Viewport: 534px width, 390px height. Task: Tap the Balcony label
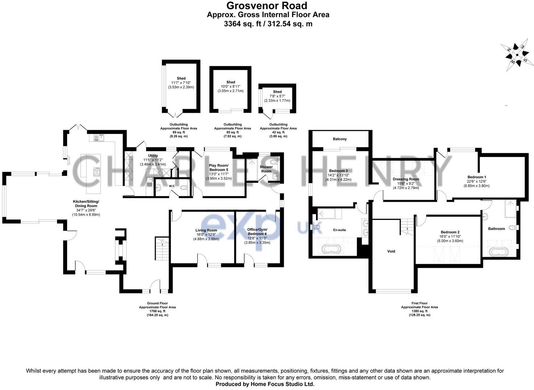tap(340, 139)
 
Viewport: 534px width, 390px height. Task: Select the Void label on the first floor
tap(391, 251)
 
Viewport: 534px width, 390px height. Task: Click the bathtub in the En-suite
tap(331, 250)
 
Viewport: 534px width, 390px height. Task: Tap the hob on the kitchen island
tap(97, 172)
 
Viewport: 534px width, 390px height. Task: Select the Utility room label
tap(153, 155)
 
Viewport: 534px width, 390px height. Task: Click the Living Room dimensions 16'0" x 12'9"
tap(206, 235)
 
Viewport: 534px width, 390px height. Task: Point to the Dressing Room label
tap(406, 179)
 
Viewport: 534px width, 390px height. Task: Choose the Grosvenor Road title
tap(267, 5)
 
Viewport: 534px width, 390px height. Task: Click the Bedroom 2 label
tap(450, 232)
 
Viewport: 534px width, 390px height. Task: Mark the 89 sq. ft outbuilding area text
tap(179, 132)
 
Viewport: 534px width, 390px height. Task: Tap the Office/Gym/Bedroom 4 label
tap(257, 231)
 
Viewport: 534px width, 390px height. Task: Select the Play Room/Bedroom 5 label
tap(219, 167)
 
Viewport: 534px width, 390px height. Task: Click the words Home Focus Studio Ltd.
tap(283, 384)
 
